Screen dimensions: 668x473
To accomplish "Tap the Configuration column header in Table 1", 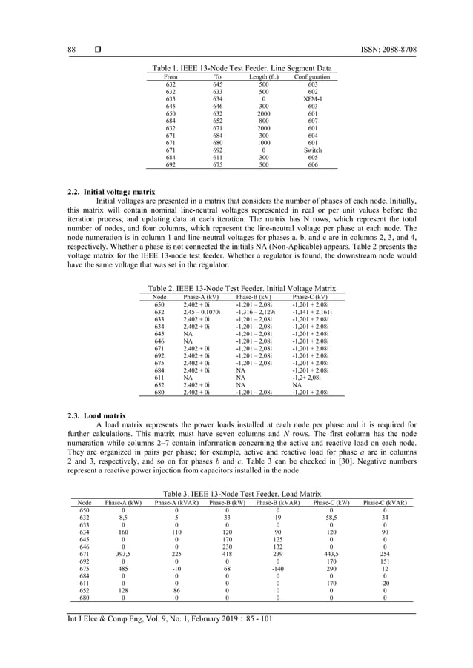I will tap(311, 76).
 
